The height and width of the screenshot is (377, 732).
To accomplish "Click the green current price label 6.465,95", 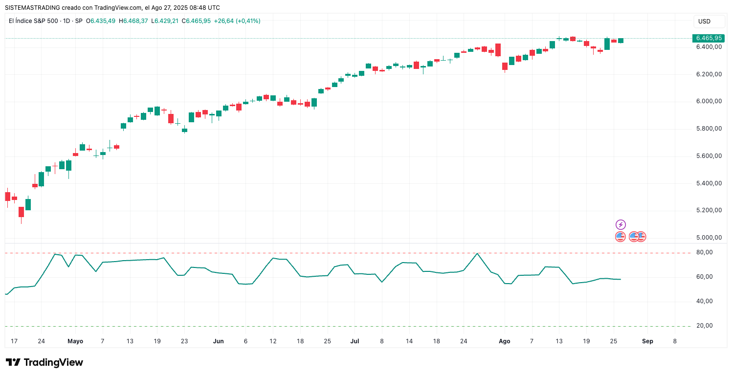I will (709, 38).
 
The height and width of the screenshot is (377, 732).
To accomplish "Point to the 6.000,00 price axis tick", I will (709, 102).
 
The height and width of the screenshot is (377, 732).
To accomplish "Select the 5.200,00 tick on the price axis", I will (709, 211).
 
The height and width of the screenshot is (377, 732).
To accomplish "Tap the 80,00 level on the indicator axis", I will (705, 253).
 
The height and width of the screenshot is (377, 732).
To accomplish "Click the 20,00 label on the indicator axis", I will (705, 326).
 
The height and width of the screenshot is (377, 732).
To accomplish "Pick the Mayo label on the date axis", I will (75, 341).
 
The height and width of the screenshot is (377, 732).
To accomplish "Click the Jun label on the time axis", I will (219, 341).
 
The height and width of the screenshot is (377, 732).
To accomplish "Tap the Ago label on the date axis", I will (505, 341).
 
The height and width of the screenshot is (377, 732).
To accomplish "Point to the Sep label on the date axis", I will (647, 341).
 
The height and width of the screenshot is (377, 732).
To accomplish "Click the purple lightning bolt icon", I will (621, 225).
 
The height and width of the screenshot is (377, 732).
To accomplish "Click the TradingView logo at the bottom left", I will (44, 362).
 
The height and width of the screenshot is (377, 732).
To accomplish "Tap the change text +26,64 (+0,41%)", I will (237, 21).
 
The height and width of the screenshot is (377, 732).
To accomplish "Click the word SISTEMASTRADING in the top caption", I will (32, 8).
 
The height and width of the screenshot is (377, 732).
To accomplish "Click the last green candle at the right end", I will (621, 41).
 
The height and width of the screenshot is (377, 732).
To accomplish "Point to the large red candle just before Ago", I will (498, 50).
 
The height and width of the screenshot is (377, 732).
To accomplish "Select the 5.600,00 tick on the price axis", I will (709, 156).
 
